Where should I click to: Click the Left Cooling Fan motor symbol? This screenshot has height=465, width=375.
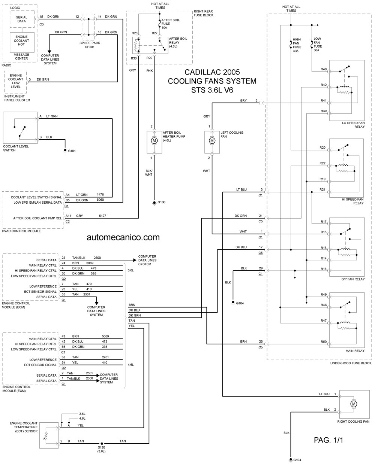[x=212, y=141]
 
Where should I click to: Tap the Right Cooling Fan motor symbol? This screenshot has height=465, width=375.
[x=354, y=404]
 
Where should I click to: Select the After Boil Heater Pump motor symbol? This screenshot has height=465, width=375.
[x=154, y=141]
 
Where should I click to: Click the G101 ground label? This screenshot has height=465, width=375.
[x=72, y=151]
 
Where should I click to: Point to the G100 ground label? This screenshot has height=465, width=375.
[x=161, y=202]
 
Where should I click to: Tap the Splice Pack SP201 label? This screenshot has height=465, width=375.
[x=90, y=45]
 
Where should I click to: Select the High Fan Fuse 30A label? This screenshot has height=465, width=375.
[x=297, y=45]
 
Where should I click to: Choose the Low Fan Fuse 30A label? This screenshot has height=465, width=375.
[x=318, y=44]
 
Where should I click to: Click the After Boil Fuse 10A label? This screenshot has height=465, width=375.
[x=170, y=24]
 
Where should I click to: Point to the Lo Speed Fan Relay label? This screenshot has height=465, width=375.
[x=353, y=125]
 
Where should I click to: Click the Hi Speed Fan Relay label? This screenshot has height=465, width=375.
[x=352, y=201]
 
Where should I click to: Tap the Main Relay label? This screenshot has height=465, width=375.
[x=355, y=351]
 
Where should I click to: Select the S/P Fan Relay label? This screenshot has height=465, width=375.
[x=353, y=279]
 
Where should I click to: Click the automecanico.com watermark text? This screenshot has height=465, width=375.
[x=123, y=237]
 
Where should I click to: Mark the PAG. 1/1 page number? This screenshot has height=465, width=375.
[x=328, y=440]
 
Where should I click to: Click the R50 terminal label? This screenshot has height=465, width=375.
[x=324, y=341]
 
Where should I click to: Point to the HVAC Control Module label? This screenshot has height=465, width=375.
[x=21, y=231]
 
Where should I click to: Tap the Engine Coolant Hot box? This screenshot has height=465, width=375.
[x=22, y=42]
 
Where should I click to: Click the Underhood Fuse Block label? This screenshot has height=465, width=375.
[x=351, y=363]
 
